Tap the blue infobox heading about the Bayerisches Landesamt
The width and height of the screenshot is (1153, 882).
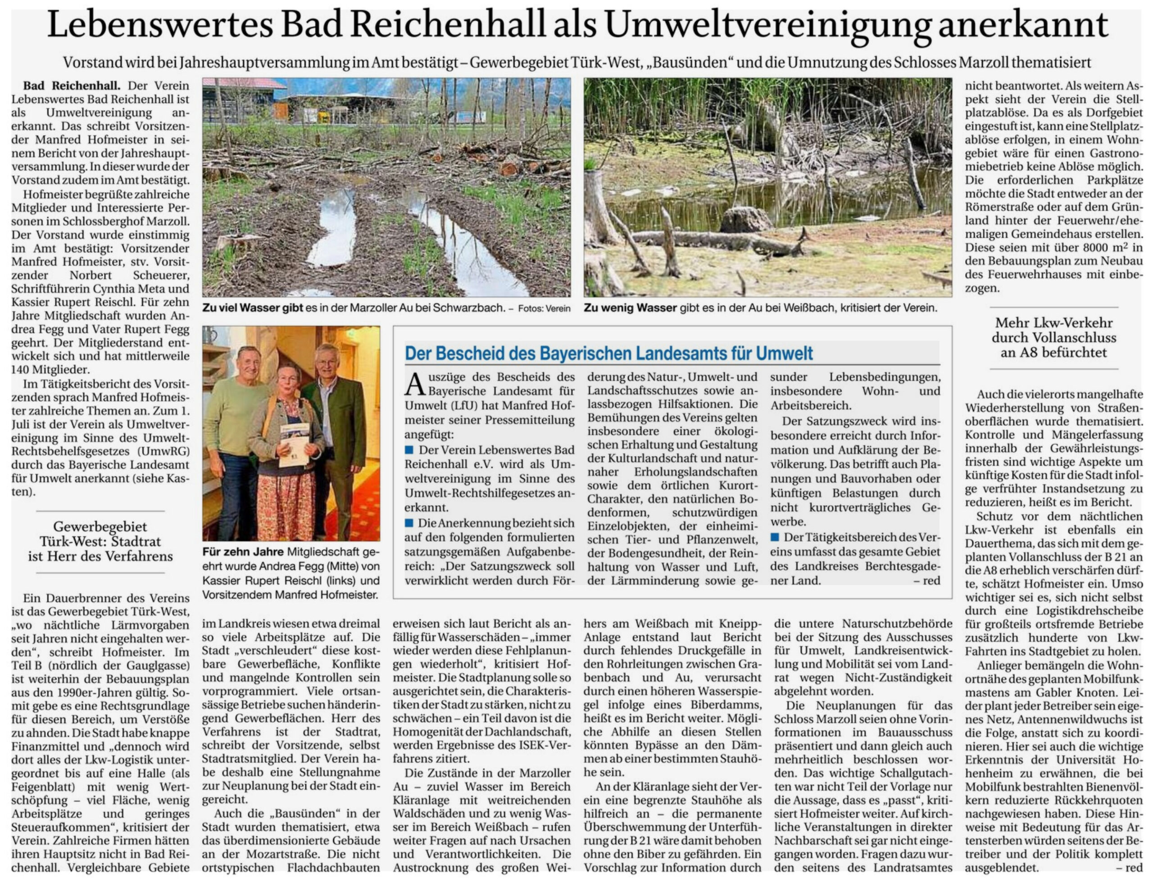coord(608,353)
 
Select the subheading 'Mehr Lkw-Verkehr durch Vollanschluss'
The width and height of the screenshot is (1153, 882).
coord(1054,338)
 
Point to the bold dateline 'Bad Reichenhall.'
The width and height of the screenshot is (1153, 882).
coord(72,86)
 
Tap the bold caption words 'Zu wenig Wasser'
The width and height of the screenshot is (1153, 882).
coord(630,308)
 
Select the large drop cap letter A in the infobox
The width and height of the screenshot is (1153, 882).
coord(414,385)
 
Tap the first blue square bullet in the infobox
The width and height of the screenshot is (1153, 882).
coord(409,450)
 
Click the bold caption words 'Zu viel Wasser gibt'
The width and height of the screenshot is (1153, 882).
coord(253,308)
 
